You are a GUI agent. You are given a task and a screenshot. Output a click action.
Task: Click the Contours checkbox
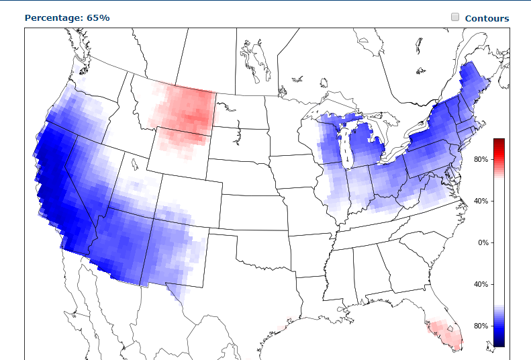point(455,17)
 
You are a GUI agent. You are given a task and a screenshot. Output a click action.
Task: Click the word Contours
point(487,18)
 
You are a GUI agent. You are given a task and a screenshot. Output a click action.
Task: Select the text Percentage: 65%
point(67,17)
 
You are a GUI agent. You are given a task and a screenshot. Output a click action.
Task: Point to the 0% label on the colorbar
point(483,242)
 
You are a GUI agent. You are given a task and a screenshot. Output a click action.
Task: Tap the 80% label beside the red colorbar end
point(481,159)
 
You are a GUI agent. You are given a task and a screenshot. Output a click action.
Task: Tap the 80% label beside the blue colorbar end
point(481,326)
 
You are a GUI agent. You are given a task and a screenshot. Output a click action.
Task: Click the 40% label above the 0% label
point(481,201)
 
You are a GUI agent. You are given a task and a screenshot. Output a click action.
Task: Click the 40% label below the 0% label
point(481,284)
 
